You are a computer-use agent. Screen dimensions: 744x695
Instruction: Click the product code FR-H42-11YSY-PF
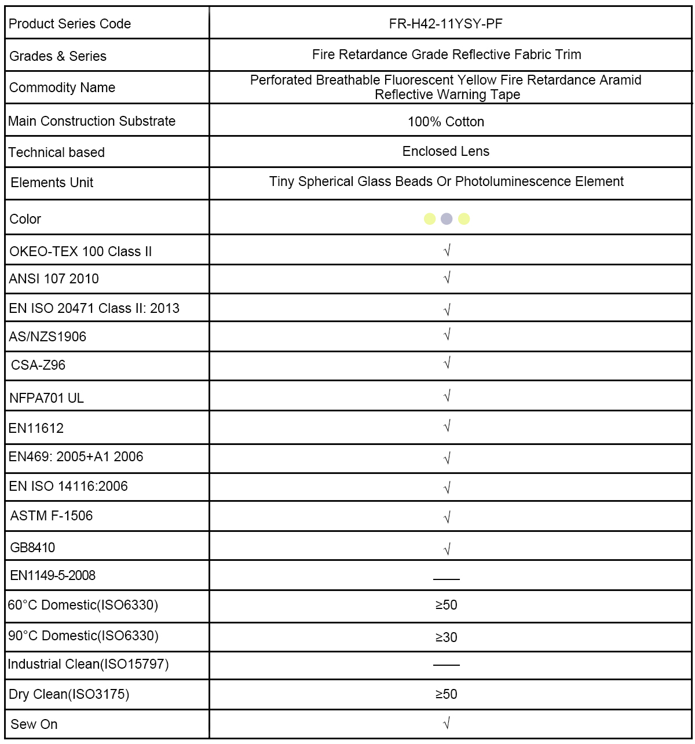(x=445, y=24)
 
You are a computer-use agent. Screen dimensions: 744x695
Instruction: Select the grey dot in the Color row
(x=447, y=219)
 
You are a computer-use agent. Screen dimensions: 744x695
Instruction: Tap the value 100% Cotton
(x=445, y=122)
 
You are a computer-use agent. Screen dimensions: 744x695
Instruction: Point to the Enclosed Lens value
(x=445, y=151)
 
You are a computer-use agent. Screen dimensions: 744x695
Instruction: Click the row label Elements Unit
(x=52, y=183)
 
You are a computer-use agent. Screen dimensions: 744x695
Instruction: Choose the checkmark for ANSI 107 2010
(x=447, y=278)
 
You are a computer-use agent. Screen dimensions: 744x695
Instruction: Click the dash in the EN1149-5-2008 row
(x=446, y=579)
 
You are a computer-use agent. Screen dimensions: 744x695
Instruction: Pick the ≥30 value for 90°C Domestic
(x=446, y=637)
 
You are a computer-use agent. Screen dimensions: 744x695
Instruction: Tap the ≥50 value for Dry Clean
(x=446, y=694)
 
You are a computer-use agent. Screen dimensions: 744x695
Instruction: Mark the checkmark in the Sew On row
(x=447, y=723)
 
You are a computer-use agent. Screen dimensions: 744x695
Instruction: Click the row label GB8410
(x=32, y=548)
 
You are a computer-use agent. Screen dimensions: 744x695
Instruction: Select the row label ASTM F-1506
(x=51, y=516)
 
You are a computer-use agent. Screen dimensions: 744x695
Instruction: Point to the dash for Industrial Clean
(x=446, y=665)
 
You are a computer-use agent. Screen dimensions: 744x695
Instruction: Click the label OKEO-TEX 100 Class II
(x=81, y=251)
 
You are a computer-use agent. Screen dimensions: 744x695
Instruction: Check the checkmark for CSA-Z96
(x=447, y=363)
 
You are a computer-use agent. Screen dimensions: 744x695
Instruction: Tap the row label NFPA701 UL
(x=46, y=398)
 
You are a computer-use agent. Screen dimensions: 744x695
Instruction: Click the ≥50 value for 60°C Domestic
(x=446, y=605)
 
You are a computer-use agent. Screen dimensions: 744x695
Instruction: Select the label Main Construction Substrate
(x=92, y=121)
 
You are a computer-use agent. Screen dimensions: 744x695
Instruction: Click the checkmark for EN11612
(x=447, y=427)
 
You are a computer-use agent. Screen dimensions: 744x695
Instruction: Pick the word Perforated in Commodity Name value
(x=281, y=80)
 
